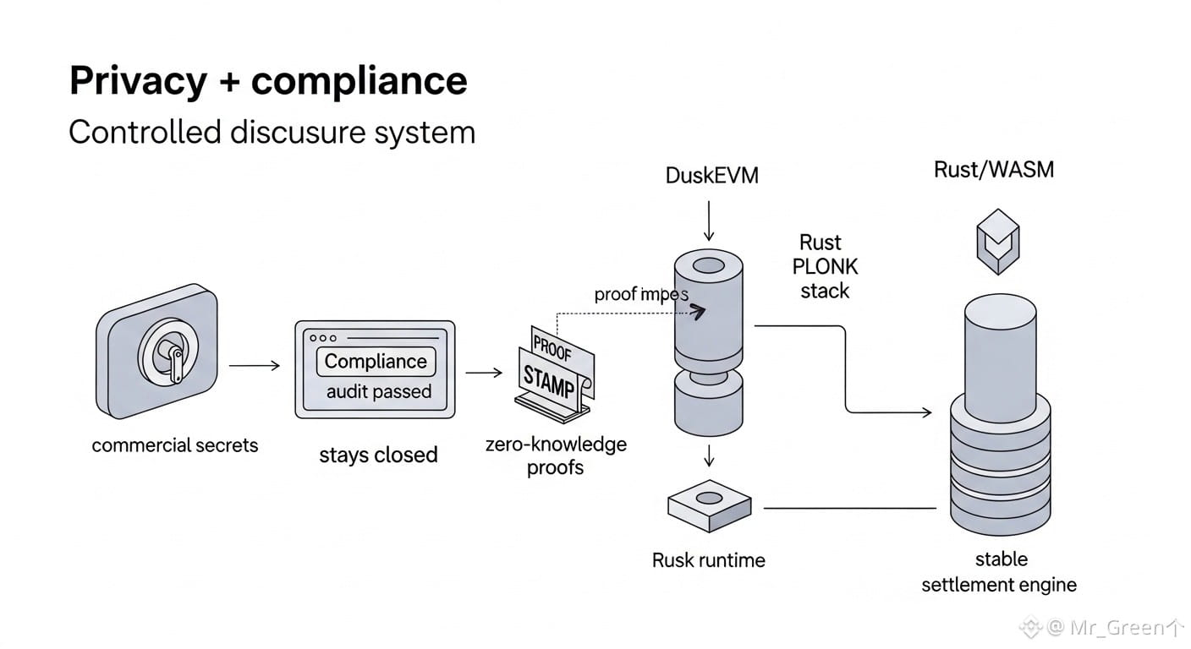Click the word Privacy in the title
tap(138, 82)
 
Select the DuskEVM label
tap(711, 176)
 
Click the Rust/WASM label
tap(994, 170)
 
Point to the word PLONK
tap(825, 267)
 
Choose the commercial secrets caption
tap(174, 445)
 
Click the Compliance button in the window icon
tap(376, 362)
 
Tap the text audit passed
tap(379, 391)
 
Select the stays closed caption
tap(378, 455)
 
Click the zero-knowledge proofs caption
tap(556, 455)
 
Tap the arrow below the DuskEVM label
tap(709, 222)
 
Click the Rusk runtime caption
tap(709, 559)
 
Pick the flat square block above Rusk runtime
tap(709, 504)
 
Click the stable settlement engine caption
tap(999, 572)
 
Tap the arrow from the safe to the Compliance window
tap(254, 366)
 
